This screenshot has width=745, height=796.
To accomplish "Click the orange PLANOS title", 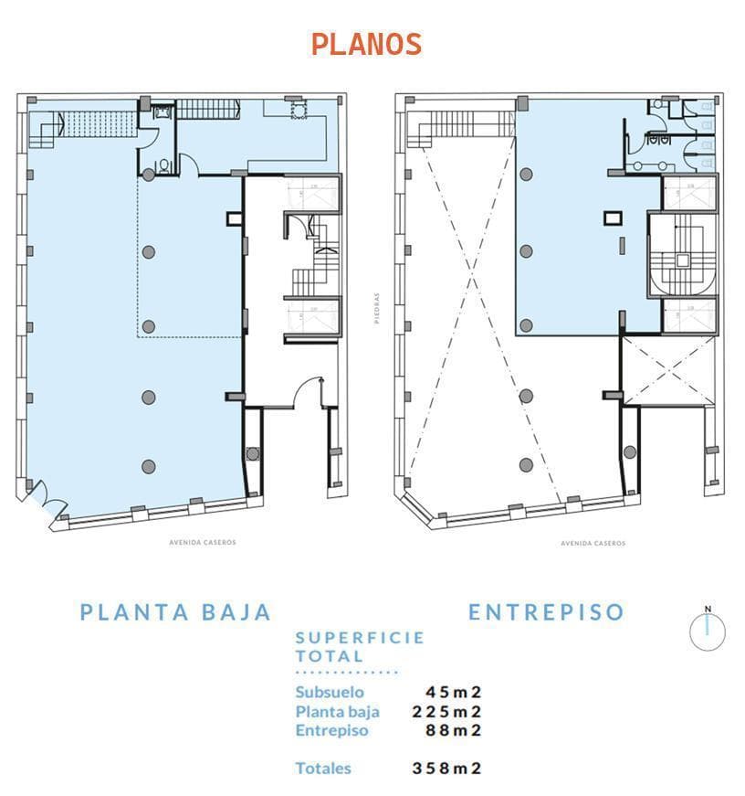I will (x=366, y=44).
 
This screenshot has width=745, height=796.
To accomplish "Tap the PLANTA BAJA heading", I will (x=175, y=612).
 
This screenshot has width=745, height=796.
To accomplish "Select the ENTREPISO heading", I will (x=546, y=612).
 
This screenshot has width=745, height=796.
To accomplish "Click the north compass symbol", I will (x=707, y=631).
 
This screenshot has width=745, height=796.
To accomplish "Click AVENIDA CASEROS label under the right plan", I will (x=593, y=543).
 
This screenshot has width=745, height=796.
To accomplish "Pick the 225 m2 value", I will (x=446, y=711).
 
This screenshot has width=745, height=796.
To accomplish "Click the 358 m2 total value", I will (x=446, y=769).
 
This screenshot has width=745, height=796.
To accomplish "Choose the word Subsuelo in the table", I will (x=330, y=692).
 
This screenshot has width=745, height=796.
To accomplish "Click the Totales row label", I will (x=323, y=769).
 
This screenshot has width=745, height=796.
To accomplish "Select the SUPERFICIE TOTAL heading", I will (x=360, y=647).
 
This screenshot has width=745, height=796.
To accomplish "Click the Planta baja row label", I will (x=337, y=711).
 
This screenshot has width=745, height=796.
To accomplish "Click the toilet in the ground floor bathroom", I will (x=163, y=166).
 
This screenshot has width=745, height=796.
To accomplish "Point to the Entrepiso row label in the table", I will (x=332, y=730).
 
